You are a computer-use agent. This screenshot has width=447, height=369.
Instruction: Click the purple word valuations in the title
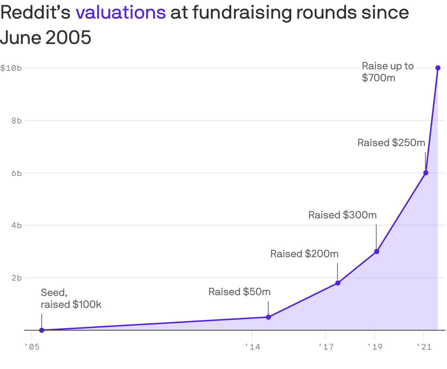(121, 13)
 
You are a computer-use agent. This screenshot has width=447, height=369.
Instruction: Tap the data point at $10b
(438, 68)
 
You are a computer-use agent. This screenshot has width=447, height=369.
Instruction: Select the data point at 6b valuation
(426, 173)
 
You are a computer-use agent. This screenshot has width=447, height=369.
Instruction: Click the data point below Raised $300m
(377, 252)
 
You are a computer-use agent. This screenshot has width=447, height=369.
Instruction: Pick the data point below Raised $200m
(338, 283)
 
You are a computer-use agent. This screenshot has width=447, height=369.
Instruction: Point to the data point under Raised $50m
(268, 317)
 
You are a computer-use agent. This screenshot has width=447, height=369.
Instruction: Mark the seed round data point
(42, 330)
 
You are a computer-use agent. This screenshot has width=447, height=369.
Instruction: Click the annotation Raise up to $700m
(387, 72)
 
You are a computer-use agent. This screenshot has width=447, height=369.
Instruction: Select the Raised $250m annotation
(391, 143)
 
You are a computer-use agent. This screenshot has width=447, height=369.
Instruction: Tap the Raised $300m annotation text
(342, 215)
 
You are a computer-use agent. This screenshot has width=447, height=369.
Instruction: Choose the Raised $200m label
(304, 254)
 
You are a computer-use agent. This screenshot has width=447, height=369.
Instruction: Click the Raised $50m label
(239, 292)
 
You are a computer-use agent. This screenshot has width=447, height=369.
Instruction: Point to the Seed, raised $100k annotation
(71, 298)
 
